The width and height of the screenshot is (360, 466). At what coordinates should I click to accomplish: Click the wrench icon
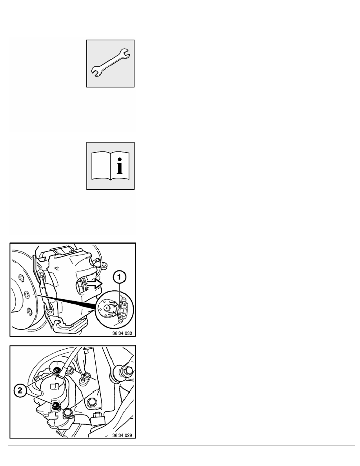point(110,63)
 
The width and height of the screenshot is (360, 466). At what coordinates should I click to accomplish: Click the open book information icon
point(110,166)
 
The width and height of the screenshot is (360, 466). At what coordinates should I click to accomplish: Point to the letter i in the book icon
point(120,166)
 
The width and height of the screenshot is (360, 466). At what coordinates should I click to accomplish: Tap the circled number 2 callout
point(20,391)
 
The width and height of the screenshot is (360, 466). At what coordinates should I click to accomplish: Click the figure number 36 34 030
point(122,333)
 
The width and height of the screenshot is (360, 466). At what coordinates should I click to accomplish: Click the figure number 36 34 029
point(122,435)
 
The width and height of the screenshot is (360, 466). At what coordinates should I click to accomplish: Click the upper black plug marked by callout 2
point(57,371)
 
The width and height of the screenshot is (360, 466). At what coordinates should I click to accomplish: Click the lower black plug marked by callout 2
point(56,405)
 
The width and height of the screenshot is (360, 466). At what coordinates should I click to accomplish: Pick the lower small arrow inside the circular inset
point(112,314)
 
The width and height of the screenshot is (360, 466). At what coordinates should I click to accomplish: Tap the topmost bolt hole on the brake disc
point(21,278)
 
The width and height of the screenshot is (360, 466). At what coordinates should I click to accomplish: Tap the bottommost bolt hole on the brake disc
point(29,312)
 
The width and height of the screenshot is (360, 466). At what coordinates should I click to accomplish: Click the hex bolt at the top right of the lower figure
point(128,371)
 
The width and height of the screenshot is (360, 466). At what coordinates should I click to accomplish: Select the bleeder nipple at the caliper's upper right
point(96,260)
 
